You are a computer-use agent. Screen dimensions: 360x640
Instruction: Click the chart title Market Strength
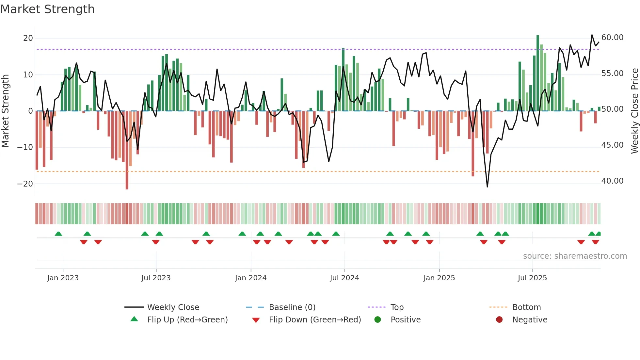(x=47, y=9)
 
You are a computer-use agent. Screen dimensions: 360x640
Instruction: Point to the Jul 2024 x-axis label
(x=344, y=278)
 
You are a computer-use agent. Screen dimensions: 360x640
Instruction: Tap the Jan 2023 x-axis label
(x=63, y=278)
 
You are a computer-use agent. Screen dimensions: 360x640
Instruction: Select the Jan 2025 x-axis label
(x=439, y=278)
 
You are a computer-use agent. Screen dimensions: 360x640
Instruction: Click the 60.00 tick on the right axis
(x=612, y=38)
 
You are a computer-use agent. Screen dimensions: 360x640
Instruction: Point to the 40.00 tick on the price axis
(x=612, y=181)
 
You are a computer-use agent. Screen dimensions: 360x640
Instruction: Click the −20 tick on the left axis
(x=25, y=184)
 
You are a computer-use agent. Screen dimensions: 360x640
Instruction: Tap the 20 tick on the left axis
(x=28, y=38)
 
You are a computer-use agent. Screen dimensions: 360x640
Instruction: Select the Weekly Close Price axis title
(x=634, y=111)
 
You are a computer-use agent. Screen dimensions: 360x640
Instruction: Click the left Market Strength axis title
(x=6, y=111)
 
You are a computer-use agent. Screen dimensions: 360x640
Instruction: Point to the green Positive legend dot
(x=377, y=320)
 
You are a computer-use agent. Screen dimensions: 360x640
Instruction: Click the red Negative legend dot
(x=499, y=320)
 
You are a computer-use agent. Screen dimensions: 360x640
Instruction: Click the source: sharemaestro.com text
(x=575, y=256)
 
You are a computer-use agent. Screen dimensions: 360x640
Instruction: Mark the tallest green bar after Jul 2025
(x=538, y=73)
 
